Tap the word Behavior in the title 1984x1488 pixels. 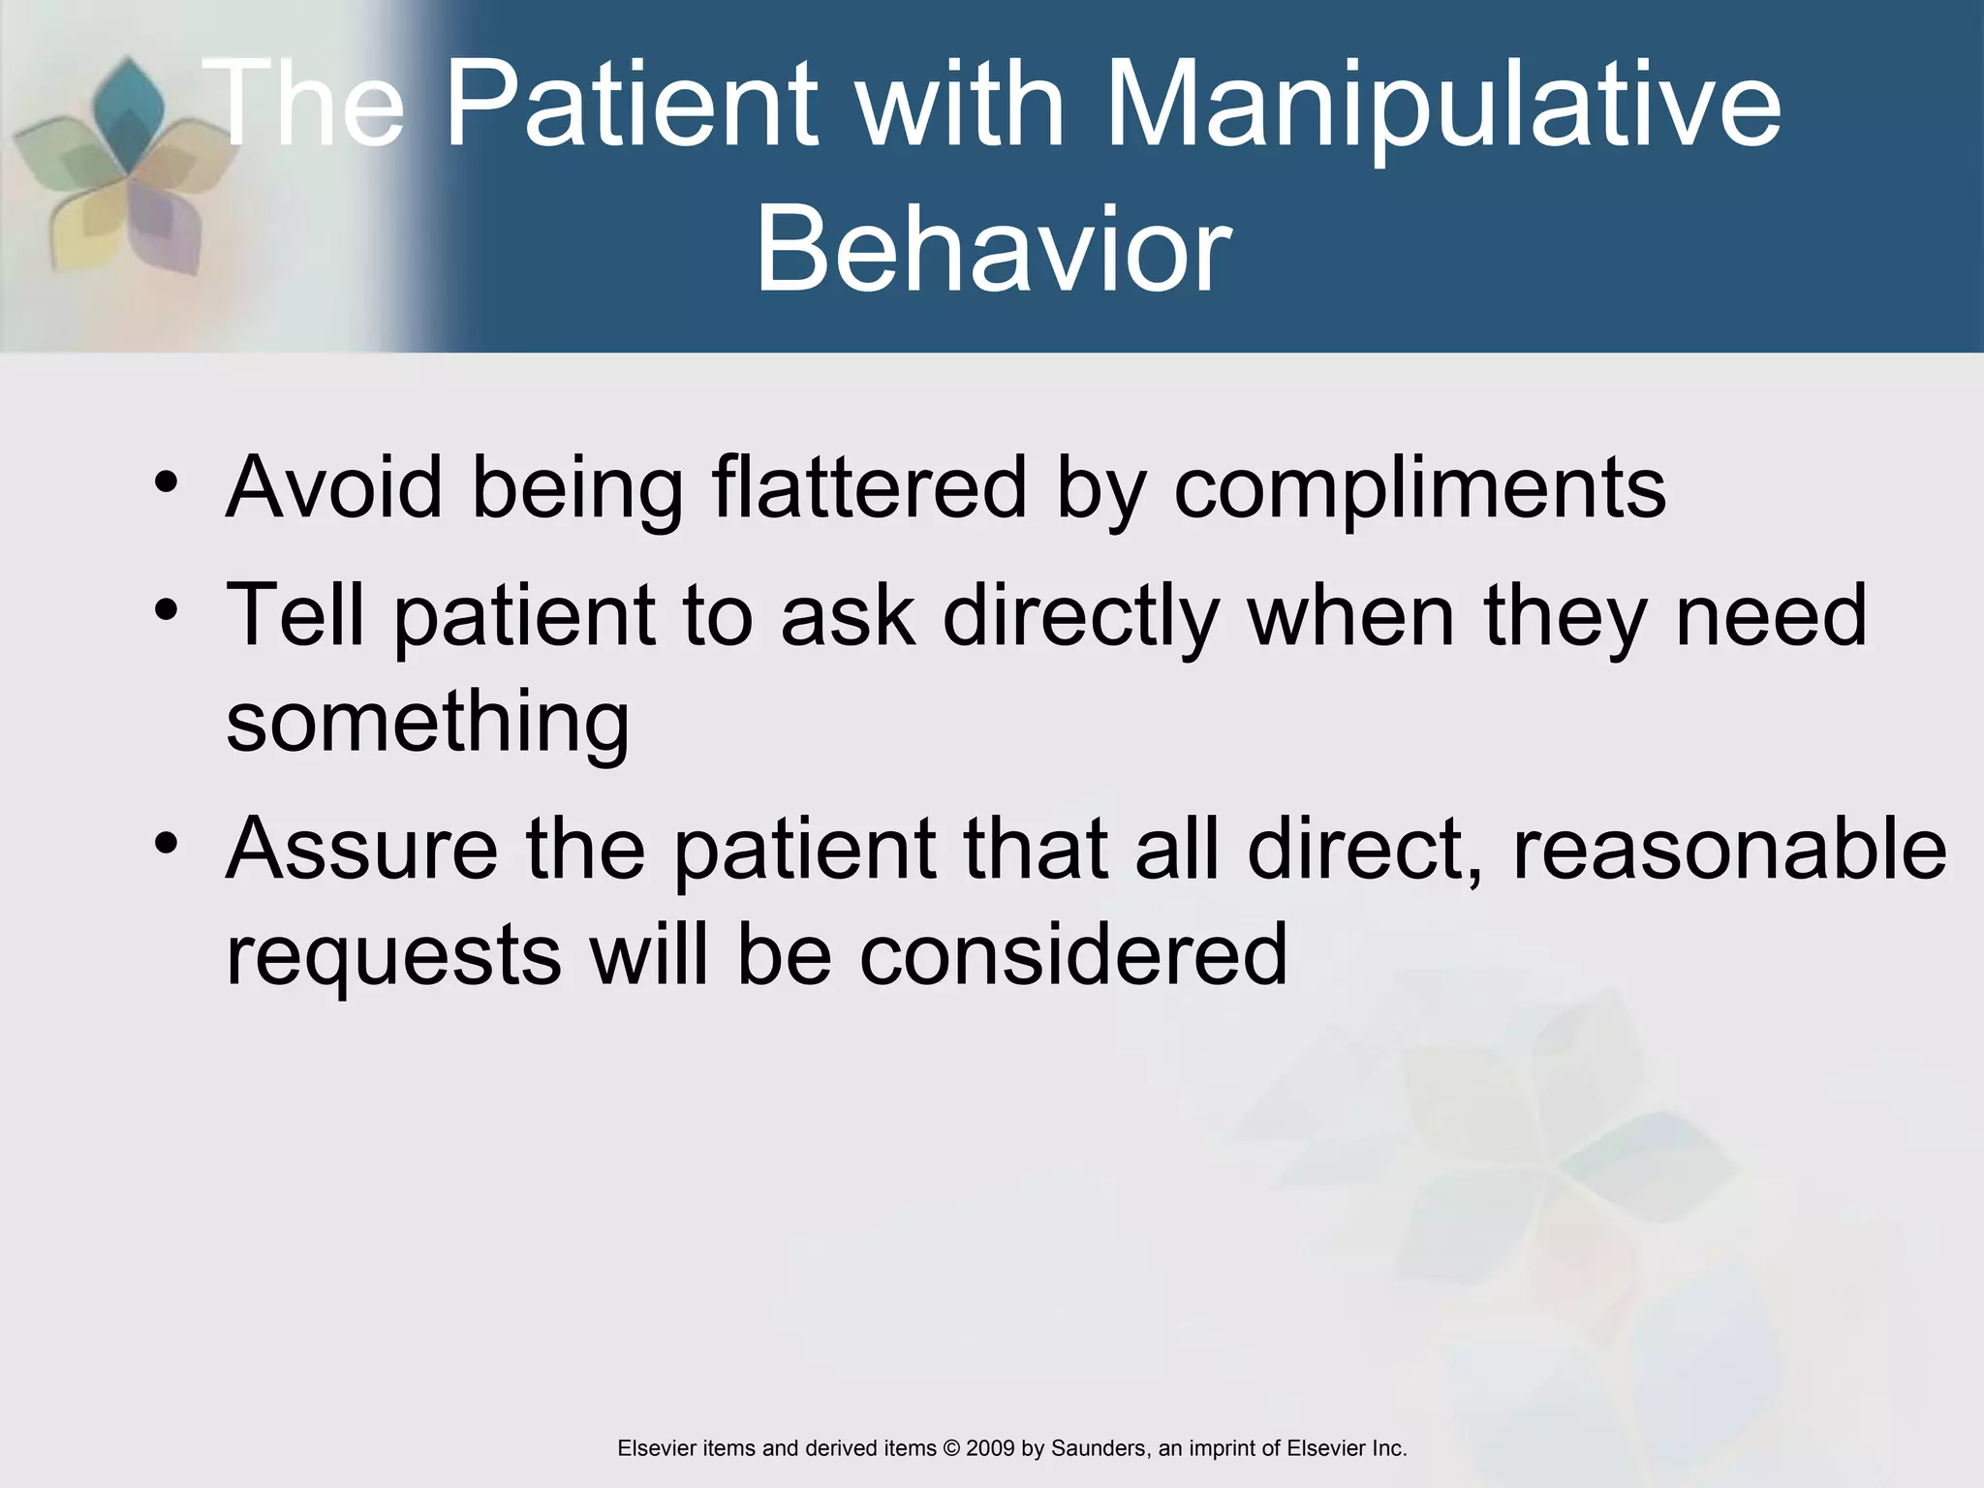pos(993,250)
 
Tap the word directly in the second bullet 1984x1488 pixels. pos(1080,617)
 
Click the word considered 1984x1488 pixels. pos(1073,954)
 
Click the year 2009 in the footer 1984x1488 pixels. pos(990,1448)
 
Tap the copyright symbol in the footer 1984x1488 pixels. pos(950,1448)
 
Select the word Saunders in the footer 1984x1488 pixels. pos(1099,1448)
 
